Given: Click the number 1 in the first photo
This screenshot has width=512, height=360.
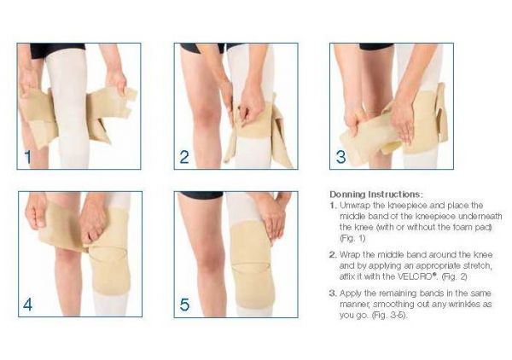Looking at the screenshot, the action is click(28, 157).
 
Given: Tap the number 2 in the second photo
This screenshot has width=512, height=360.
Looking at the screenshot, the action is click(184, 157).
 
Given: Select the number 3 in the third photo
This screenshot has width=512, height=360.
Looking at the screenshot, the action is click(340, 157).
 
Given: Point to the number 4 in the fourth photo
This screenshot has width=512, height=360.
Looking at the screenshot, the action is click(28, 305).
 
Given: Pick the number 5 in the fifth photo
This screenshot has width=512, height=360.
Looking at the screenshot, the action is click(184, 305).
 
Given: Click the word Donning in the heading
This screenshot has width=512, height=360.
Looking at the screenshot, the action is click(347, 195).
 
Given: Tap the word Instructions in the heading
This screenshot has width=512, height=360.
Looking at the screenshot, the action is click(395, 195).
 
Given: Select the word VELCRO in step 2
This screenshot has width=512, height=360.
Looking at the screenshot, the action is click(416, 276).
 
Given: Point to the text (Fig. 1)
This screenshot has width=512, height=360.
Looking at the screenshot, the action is click(352, 238).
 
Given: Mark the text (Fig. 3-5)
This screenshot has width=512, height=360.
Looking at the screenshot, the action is click(390, 316).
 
